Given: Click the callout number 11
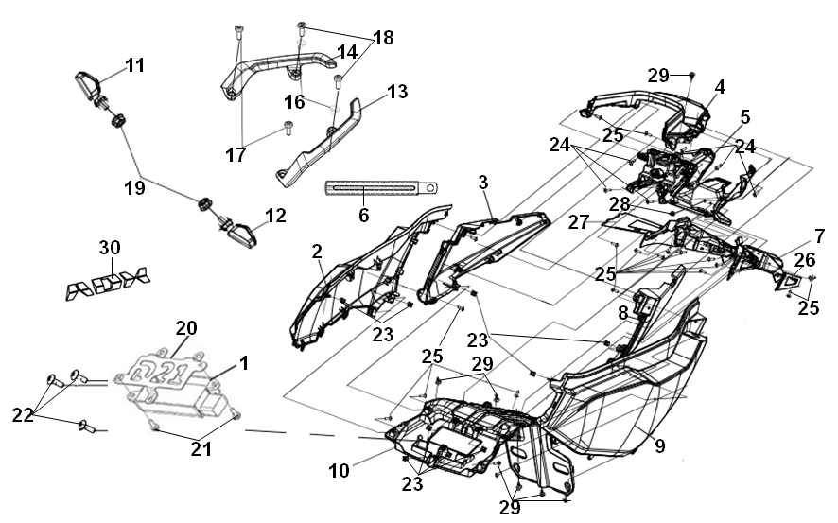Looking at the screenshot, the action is [x=135, y=65].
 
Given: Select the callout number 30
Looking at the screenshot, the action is [x=110, y=248].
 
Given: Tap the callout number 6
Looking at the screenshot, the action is [x=364, y=216].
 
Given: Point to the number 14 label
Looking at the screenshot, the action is [x=347, y=52].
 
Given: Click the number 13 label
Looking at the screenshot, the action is [x=397, y=92].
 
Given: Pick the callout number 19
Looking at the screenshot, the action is [x=134, y=187].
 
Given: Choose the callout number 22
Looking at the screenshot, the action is [x=23, y=414].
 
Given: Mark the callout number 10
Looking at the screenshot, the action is [x=339, y=471].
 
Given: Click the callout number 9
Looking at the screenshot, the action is [x=660, y=445].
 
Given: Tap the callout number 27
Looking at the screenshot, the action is [x=578, y=221].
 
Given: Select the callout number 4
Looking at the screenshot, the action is [x=720, y=87].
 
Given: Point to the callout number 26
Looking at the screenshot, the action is [x=805, y=260].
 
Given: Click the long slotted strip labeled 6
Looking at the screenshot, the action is [x=381, y=188].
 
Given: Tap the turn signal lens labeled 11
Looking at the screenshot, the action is [x=87, y=83].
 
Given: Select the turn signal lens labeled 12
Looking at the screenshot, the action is [x=243, y=234].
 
